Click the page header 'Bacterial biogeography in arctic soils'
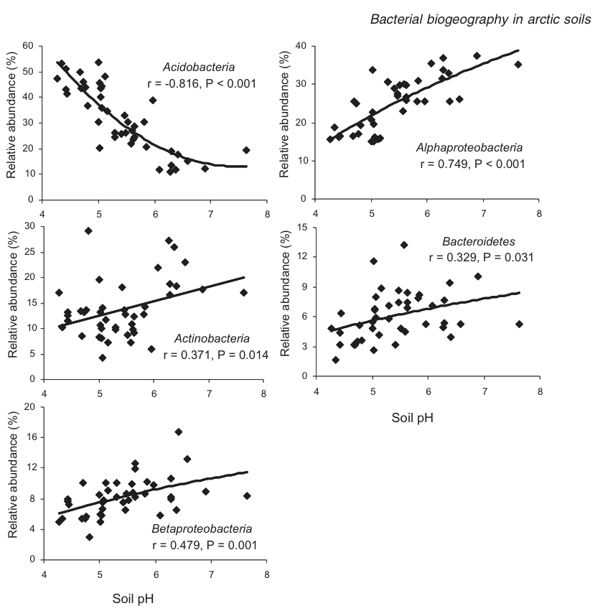[x=480, y=19]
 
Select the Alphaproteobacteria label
[x=470, y=148]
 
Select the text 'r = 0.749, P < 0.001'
[x=472, y=164]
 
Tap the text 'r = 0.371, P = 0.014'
[x=215, y=354]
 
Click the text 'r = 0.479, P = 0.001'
[x=204, y=545]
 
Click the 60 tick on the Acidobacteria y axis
[x=29, y=46]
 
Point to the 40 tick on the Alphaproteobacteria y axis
[x=301, y=46]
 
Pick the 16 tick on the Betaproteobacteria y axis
[x=29, y=437]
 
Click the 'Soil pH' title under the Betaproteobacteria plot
[x=133, y=597]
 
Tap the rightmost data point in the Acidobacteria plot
[x=246, y=150]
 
